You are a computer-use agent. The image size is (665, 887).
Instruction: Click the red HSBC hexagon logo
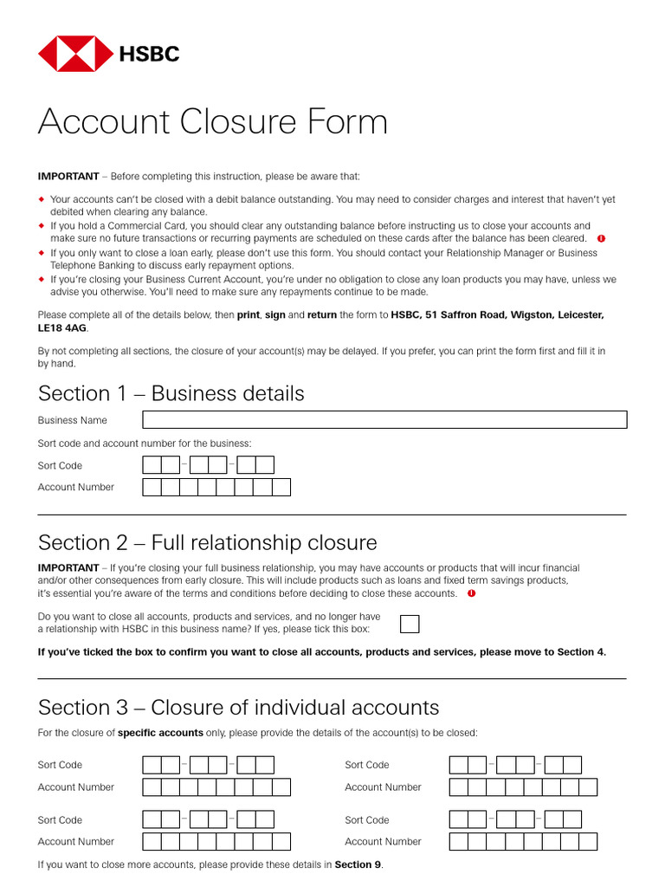pyautogui.click(x=75, y=54)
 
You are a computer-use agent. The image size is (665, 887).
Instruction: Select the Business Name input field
pyautogui.click(x=384, y=420)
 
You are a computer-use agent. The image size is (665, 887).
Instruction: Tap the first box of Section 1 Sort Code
pyautogui.click(x=152, y=465)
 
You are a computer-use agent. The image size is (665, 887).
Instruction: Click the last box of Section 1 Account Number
pyautogui.click(x=281, y=487)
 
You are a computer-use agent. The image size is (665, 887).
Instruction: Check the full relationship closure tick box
pyautogui.click(x=410, y=624)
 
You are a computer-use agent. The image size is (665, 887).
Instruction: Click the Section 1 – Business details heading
pyautogui.click(x=171, y=393)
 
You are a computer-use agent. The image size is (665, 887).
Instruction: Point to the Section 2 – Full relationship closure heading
pyautogui.click(x=207, y=543)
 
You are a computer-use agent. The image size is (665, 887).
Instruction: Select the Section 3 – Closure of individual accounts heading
pyautogui.click(x=238, y=707)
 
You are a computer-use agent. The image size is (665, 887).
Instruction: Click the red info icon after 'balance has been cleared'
pyautogui.click(x=601, y=238)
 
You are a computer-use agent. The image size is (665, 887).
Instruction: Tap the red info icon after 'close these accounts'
pyautogui.click(x=471, y=594)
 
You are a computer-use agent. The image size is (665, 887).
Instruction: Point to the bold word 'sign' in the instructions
pyautogui.click(x=274, y=315)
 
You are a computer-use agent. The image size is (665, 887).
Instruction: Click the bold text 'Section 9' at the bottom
pyautogui.click(x=357, y=864)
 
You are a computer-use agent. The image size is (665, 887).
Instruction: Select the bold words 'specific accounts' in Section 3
pyautogui.click(x=160, y=733)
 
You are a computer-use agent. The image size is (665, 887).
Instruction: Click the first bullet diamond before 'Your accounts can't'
pyautogui.click(x=42, y=199)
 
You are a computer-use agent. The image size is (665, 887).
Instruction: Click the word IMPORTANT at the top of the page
pyautogui.click(x=68, y=177)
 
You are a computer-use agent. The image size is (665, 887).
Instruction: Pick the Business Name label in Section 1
pyautogui.click(x=73, y=420)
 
